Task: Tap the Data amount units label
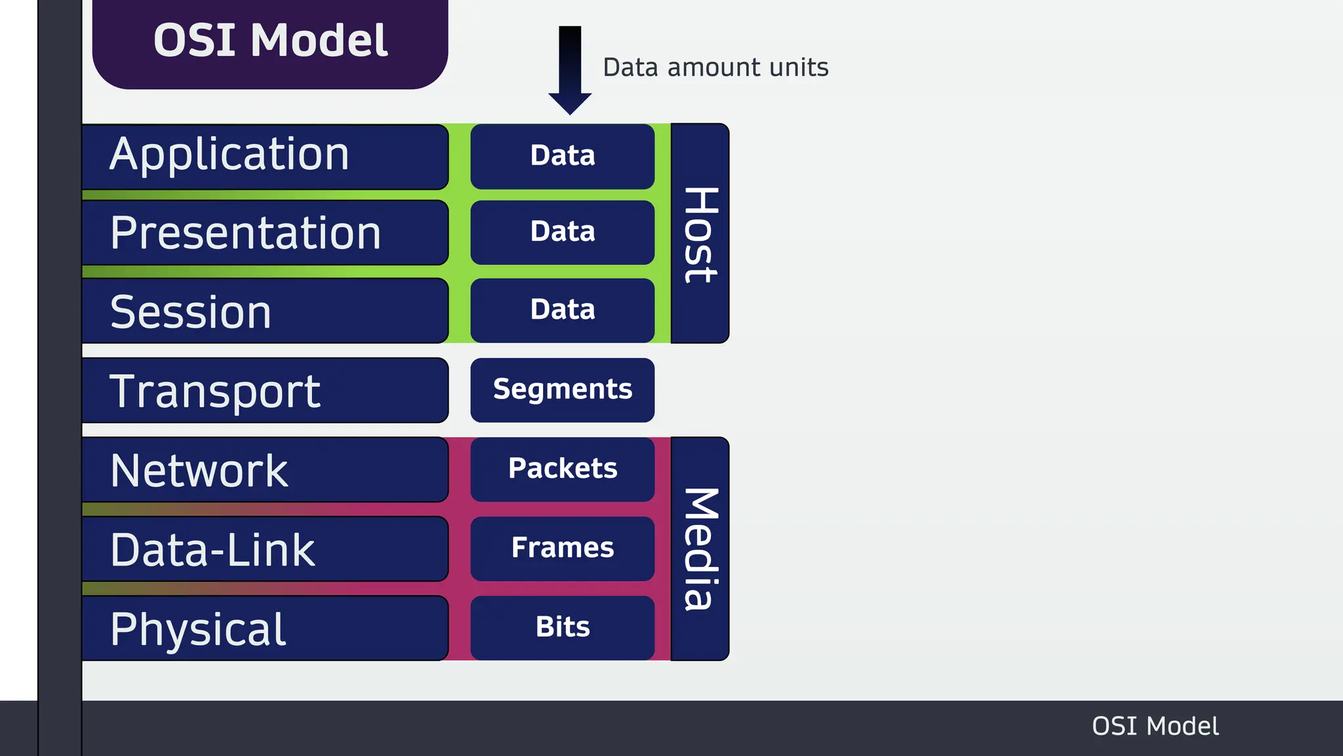[x=715, y=68]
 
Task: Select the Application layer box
[x=265, y=156]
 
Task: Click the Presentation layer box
[x=265, y=233]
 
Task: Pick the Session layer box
[x=265, y=311]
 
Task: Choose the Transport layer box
[x=265, y=390]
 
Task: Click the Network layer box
[x=265, y=470]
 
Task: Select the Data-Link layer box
[x=265, y=549]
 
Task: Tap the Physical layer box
[x=265, y=629]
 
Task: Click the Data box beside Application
[x=563, y=156]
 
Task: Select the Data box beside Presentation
[x=563, y=232]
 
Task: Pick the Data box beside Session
[x=563, y=310]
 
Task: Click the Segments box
[x=563, y=390]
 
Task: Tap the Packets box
[x=563, y=469]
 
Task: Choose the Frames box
[x=563, y=549]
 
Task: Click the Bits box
[x=563, y=628]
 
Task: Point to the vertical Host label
[x=700, y=234]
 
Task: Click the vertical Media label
[x=700, y=549]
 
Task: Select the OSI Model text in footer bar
[x=1155, y=726]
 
